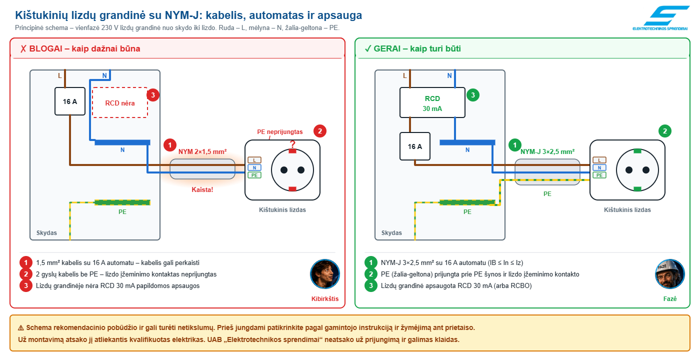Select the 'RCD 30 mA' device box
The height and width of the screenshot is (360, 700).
tap(432, 102)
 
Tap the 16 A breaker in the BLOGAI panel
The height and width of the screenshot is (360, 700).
tap(70, 101)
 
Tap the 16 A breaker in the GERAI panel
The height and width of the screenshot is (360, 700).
tap(415, 146)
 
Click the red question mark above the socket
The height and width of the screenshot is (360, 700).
tap(292, 144)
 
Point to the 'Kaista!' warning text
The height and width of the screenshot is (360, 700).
tap(202, 189)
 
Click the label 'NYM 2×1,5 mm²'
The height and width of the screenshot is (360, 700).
tap(202, 151)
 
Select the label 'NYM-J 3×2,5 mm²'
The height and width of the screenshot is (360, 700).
tap(547, 151)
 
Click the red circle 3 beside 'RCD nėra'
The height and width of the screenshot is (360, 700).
tap(153, 95)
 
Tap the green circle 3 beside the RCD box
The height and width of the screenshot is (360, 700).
tap(473, 95)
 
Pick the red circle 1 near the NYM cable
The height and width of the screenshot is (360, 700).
tap(170, 145)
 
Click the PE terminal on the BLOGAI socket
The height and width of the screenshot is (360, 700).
tap(254, 175)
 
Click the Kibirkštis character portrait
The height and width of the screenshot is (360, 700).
tap(325, 274)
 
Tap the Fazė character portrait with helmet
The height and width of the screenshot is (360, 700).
tap(670, 274)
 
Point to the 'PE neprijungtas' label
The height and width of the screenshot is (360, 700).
tap(279, 132)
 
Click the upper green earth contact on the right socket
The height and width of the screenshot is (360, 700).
tap(637, 151)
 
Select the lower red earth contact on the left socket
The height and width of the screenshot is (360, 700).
tap(292, 189)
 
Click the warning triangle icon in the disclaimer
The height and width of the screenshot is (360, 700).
tap(21, 328)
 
